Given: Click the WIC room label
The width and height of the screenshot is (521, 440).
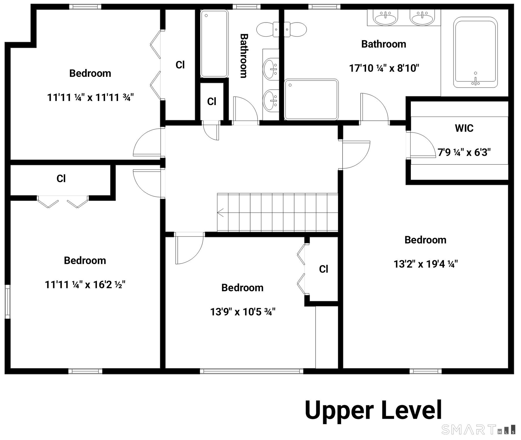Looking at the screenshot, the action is (464, 128).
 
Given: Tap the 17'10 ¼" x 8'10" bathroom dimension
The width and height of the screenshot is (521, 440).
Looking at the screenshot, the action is (384, 68).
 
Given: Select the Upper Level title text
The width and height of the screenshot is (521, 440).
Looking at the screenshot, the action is (374, 410).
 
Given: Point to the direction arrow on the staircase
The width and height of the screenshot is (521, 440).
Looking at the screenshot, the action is (220, 213).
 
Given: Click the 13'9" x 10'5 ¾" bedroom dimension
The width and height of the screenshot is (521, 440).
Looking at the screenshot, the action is (243, 312).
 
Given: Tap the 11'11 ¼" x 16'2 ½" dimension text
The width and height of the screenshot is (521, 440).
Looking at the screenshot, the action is (85, 285).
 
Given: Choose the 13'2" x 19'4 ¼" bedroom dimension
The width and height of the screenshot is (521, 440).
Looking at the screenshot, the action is (425, 264).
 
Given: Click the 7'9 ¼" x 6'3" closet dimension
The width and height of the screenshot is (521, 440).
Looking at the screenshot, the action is (464, 153).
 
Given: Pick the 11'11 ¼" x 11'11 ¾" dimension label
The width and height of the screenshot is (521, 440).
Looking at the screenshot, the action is (90, 97).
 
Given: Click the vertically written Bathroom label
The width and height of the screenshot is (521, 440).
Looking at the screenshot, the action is (244, 56).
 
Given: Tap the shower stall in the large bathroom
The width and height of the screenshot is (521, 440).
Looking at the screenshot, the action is (311, 99).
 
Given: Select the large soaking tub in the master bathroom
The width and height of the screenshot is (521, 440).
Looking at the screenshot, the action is (475, 52).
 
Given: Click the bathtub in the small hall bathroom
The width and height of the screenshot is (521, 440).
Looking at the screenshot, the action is (214, 44).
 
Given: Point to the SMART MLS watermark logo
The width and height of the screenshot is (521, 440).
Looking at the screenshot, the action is (478, 430).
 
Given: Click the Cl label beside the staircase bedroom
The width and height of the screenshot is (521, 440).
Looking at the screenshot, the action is (324, 269).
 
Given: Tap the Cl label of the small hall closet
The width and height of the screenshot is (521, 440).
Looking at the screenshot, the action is (212, 102).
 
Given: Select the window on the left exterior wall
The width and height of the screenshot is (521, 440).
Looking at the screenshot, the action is (8, 302).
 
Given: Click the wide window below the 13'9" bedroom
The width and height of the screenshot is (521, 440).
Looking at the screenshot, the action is (252, 371).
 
